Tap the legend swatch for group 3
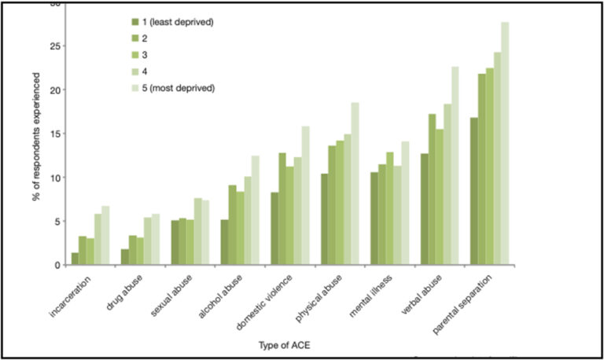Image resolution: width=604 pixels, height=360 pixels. (135, 54)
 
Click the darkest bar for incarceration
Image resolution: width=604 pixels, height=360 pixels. (75, 259)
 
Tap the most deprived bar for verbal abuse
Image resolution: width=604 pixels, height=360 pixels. (455, 166)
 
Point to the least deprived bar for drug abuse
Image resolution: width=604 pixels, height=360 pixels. (125, 257)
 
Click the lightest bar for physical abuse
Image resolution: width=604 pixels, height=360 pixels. (355, 184)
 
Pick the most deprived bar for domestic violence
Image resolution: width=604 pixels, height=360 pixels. (305, 196)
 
